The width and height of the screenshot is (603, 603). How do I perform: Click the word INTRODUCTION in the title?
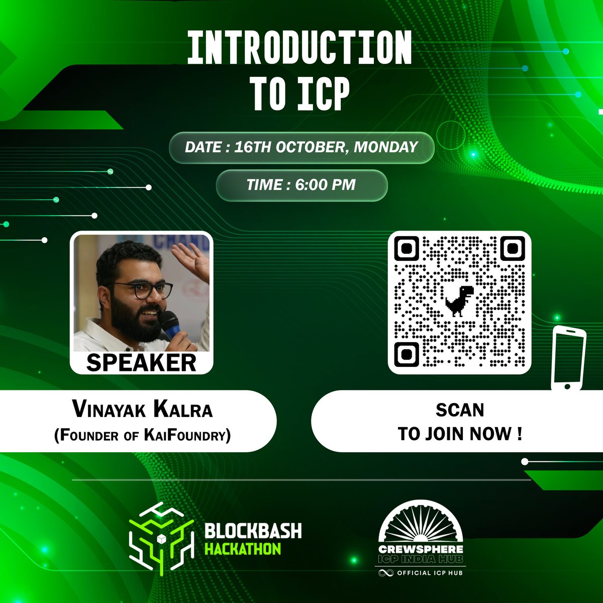tap(300, 48)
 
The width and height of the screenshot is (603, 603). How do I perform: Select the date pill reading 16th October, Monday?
tap(301, 147)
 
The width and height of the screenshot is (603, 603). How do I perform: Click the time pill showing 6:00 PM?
tap(301, 184)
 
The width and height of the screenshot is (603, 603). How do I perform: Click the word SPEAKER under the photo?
tap(141, 362)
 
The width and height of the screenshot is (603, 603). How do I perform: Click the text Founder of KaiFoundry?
tap(143, 435)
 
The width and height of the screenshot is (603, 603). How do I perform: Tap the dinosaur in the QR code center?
tap(459, 300)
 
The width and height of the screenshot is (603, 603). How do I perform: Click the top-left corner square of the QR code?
tap(407, 249)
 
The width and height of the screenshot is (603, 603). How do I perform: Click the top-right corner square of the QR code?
tap(512, 248)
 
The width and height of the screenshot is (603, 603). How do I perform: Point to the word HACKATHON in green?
tap(243, 548)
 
